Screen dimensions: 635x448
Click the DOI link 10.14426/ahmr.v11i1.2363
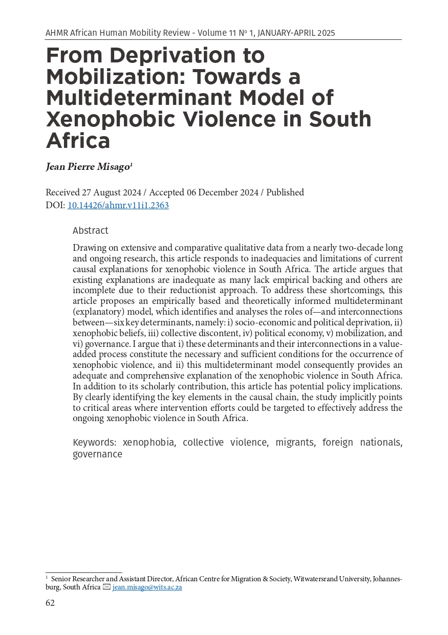pyautogui.click(x=118, y=206)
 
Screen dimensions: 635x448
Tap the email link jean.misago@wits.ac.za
pyautogui.click(x=147, y=587)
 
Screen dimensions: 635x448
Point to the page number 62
pyautogui.click(x=50, y=603)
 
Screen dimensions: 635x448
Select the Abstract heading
pyautogui.click(x=91, y=231)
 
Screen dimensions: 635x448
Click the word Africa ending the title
pyautogui.click(x=78, y=140)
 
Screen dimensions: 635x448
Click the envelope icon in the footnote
pyautogui.click(x=106, y=587)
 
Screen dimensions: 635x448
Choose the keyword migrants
pyautogui.click(x=294, y=443)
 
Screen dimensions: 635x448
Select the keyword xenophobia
pyautogui.click(x=149, y=443)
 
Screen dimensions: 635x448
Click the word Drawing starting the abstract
pyautogui.click(x=89, y=248)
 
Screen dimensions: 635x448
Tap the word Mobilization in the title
pyautogui.click(x=117, y=77)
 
